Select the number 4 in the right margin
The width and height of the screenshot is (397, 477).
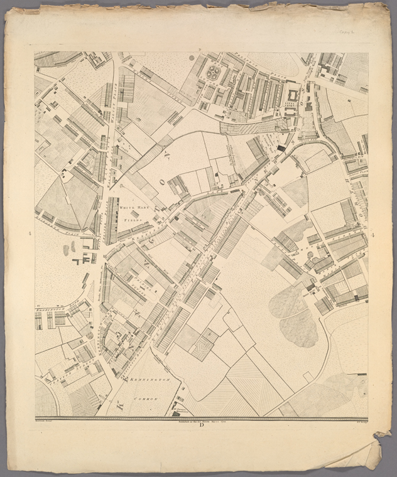pyautogui.click(x=373, y=235)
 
